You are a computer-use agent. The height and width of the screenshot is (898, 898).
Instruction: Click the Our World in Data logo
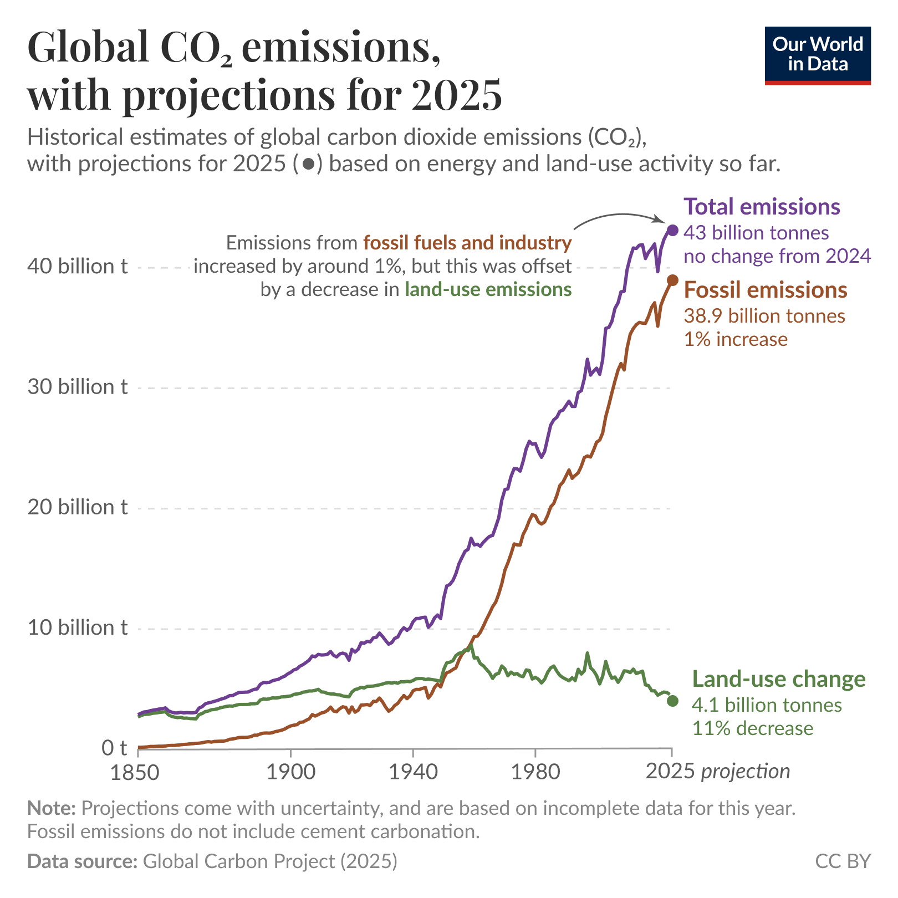(x=817, y=55)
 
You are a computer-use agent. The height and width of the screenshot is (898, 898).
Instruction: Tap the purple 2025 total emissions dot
(x=673, y=230)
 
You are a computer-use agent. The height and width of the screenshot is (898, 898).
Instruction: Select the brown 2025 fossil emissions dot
(x=672, y=280)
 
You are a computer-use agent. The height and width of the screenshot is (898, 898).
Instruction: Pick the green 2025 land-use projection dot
(x=672, y=701)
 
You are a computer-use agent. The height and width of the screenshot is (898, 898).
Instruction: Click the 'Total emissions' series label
(x=762, y=207)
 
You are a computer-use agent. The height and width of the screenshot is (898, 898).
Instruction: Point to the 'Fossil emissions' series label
(x=766, y=290)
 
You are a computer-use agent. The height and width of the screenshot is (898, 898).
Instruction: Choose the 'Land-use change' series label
(x=779, y=679)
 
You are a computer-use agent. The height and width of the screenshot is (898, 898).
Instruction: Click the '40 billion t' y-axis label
(x=78, y=267)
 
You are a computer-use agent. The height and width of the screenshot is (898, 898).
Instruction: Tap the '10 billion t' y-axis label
(x=78, y=628)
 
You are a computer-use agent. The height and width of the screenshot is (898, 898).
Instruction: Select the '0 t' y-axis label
(x=114, y=748)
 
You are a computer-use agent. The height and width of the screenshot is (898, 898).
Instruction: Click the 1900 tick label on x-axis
(x=290, y=772)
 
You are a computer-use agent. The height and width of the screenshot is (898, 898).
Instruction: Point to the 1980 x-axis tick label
(x=535, y=772)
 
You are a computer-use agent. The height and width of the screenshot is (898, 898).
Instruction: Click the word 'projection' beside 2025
(x=746, y=771)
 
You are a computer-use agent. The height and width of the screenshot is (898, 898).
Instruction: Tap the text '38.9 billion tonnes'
(x=764, y=316)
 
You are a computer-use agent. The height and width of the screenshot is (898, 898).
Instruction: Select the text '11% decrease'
(x=752, y=728)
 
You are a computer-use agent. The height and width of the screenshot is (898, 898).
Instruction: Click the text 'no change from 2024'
(x=777, y=256)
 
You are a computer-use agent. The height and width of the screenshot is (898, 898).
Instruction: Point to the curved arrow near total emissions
(x=615, y=217)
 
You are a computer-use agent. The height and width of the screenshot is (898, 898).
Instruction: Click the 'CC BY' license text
(x=843, y=861)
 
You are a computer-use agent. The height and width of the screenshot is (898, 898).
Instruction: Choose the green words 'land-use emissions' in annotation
(x=488, y=289)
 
